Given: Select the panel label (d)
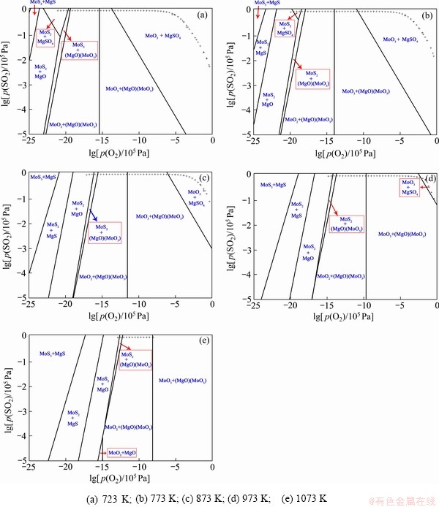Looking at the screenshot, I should (x=427, y=178).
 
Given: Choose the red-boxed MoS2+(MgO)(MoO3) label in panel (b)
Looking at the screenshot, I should (x=313, y=78).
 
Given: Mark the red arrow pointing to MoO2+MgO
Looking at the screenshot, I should (x=102, y=453).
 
